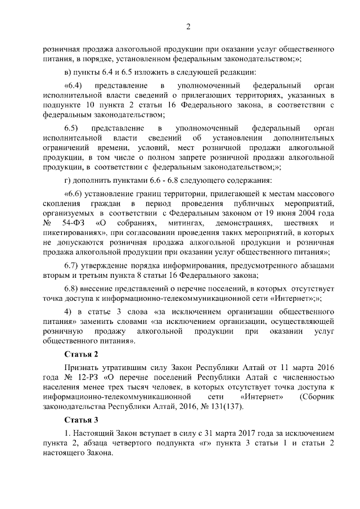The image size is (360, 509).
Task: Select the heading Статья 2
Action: [81, 354]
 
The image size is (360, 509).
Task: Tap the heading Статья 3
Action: [81, 420]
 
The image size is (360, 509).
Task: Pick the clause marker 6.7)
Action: [71, 265]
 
